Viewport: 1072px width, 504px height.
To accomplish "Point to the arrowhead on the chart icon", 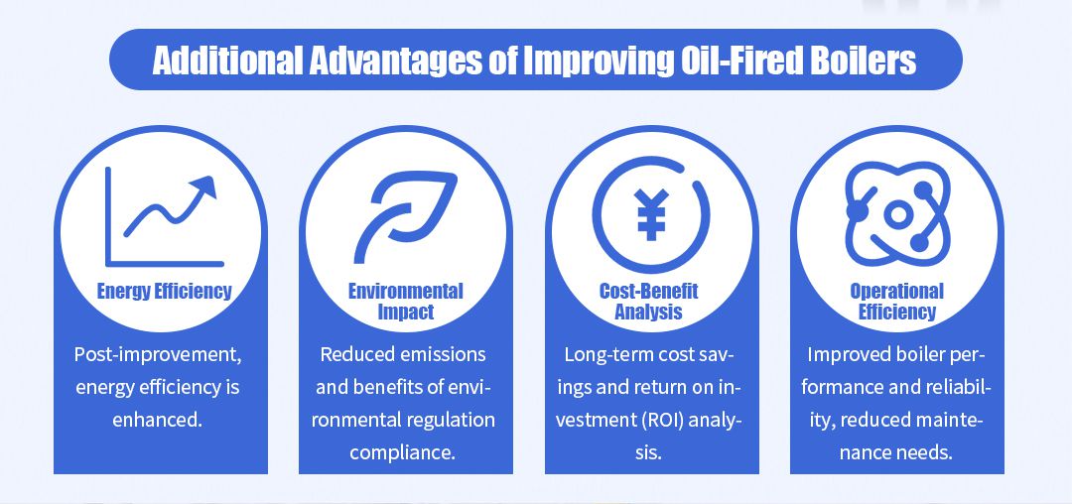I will coord(205,186).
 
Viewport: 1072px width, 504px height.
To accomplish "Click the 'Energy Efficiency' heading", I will coord(164,291).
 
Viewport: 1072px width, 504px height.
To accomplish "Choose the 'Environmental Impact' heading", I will coord(406,301).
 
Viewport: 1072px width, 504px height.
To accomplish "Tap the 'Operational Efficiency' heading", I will coord(896,301).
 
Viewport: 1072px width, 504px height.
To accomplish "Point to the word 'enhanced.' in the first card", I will coord(159,419).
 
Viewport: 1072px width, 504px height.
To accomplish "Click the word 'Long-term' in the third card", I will coord(603,354).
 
